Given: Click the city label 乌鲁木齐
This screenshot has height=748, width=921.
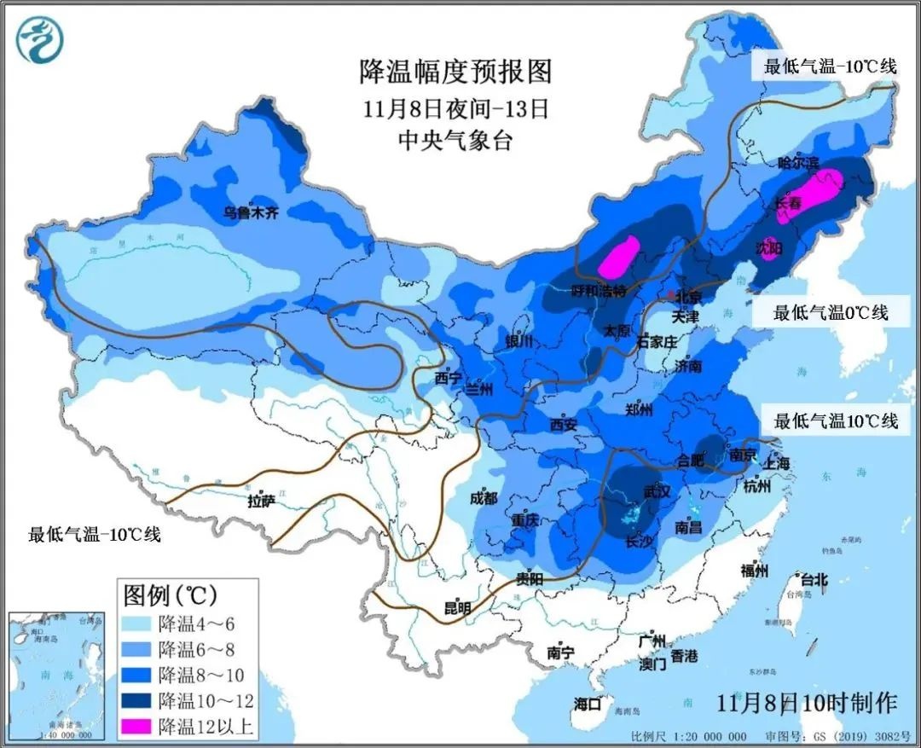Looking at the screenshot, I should [251, 213].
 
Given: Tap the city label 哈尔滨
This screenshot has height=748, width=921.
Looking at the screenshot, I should [798, 162].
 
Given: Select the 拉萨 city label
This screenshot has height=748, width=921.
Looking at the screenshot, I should [262, 502].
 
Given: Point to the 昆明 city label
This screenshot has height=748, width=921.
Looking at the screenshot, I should [457, 608].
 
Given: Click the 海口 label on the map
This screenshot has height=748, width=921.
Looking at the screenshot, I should [588, 704].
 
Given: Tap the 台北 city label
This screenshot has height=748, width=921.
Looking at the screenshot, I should [810, 579].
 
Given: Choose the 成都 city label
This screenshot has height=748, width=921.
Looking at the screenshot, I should [484, 498].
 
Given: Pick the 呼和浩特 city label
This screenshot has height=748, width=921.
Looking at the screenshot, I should [599, 292].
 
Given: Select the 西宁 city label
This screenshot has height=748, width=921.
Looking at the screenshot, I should [447, 378].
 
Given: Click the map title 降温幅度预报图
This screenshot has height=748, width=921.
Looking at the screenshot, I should [455, 72].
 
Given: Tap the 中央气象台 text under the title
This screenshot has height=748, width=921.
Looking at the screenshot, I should [455, 141].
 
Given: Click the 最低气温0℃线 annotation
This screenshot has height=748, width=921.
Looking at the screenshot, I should [830, 313].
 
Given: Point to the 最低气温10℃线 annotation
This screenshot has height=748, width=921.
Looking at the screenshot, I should [835, 420].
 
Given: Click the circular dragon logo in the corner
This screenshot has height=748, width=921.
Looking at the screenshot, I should [40, 40].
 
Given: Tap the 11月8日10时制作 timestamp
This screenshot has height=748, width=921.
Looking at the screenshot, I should [807, 704].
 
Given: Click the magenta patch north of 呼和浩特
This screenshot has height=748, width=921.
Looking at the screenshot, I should [619, 256].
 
